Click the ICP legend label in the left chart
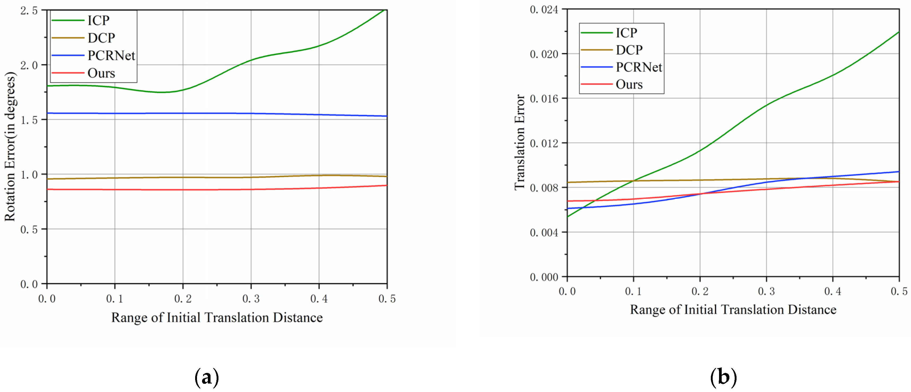tap(98, 20)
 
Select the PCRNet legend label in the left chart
tap(111, 55)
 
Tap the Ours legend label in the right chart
tap(629, 85)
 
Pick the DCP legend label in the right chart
tap(629, 50)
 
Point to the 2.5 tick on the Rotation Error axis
tap(29, 11)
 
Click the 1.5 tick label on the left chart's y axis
tap(29, 120)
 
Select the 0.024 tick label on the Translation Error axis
tap(544, 10)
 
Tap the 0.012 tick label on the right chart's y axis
tap(544, 143)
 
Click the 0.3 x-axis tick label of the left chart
tap(251, 299)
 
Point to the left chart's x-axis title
tap(217, 318)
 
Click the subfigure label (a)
tap(207, 377)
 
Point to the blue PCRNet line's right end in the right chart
tap(899, 172)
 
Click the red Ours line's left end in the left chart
tap(48, 190)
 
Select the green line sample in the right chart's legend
tap(596, 33)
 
